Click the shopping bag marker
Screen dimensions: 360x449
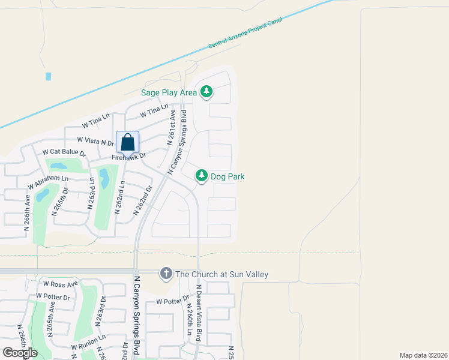pyautogui.click(x=127, y=143)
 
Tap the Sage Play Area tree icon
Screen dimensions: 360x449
pyautogui.click(x=206, y=92)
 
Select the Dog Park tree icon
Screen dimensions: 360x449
pyautogui.click(x=202, y=176)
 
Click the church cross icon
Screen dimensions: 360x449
pyautogui.click(x=166, y=274)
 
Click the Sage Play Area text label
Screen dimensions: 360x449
pyautogui.click(x=169, y=92)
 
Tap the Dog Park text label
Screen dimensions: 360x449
pyautogui.click(x=228, y=177)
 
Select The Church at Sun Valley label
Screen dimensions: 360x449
pyautogui.click(x=221, y=275)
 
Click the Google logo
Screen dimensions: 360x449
pyautogui.click(x=20, y=353)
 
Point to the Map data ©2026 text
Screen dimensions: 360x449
pyautogui.click(x=423, y=355)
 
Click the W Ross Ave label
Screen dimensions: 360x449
pyautogui.click(x=60, y=284)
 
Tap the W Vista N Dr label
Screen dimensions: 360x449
pyautogui.click(x=95, y=141)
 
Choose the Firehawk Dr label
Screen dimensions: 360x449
pyautogui.click(x=128, y=157)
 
